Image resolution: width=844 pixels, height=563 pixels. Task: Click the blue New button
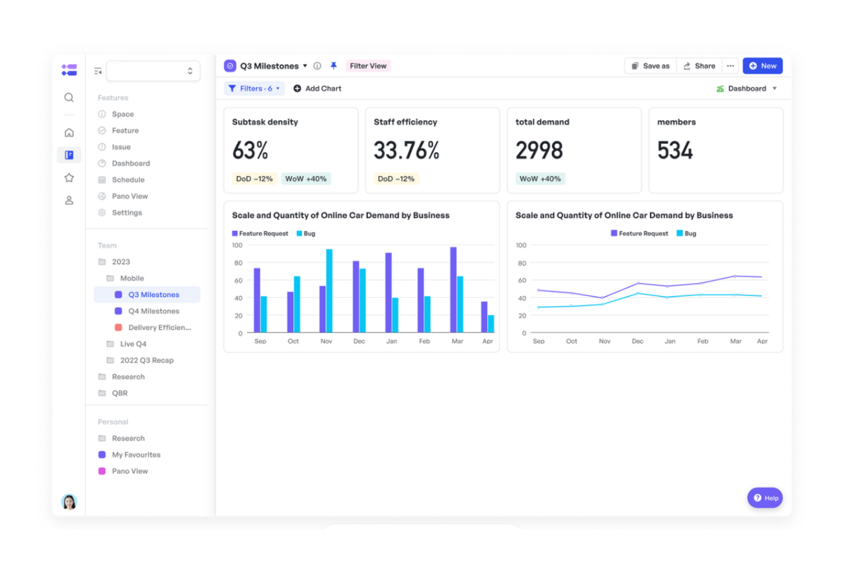pos(762,66)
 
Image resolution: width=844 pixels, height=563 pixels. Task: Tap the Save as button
pos(651,66)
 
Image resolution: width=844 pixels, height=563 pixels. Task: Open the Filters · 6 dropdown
pos(254,88)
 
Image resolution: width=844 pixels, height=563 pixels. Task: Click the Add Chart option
pos(317,88)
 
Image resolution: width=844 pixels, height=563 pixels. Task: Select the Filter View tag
pos(368,66)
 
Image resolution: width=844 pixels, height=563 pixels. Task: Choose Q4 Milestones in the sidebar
pos(153,311)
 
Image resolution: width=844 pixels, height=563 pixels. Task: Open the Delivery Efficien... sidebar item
pos(159,327)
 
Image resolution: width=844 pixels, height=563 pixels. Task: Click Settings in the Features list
pos(127,213)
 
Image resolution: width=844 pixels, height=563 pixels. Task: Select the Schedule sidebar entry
pos(128,180)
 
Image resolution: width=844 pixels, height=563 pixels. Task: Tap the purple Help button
pos(765,498)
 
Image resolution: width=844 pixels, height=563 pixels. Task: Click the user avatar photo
pos(69,502)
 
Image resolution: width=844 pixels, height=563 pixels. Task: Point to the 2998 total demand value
pos(539,151)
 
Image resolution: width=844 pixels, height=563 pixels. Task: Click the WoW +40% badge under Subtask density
pos(306,179)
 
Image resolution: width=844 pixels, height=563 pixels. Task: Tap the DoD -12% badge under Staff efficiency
pos(396,179)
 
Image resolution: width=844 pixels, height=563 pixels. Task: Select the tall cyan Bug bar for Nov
pos(329,291)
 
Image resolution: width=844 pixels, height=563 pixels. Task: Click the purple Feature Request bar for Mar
pos(453,290)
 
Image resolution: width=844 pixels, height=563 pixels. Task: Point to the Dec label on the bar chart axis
pos(359,341)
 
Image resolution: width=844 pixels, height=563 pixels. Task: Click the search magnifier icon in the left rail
pos(69,98)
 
